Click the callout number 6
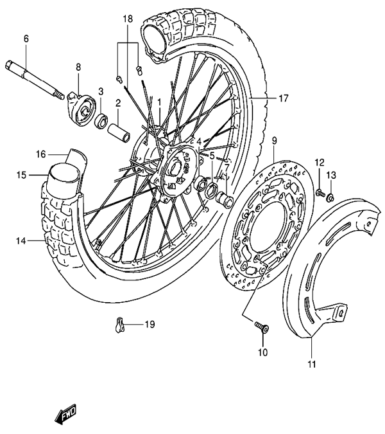[26, 39]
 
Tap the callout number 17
[283, 98]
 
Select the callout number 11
[312, 365]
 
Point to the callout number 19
[150, 324]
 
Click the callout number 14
[21, 241]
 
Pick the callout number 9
[274, 141]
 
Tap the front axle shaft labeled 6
[35, 79]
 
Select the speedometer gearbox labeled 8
[81, 109]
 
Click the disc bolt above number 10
[262, 327]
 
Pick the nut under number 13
[330, 197]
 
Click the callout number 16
[41, 154]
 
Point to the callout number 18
[128, 19]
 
